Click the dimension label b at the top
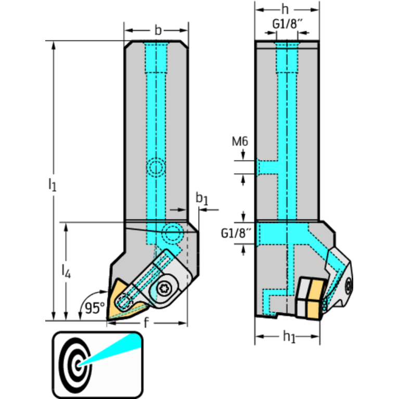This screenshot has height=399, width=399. coord(156,29)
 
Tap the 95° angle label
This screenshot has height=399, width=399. coord(95,308)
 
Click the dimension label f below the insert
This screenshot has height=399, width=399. coord(146,322)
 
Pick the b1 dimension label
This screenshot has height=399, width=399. coord(201,198)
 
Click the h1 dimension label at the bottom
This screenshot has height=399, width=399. coord(289,338)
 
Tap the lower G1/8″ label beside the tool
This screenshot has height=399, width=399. coord(234,233)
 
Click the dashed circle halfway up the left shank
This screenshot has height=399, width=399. coord(156,168)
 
